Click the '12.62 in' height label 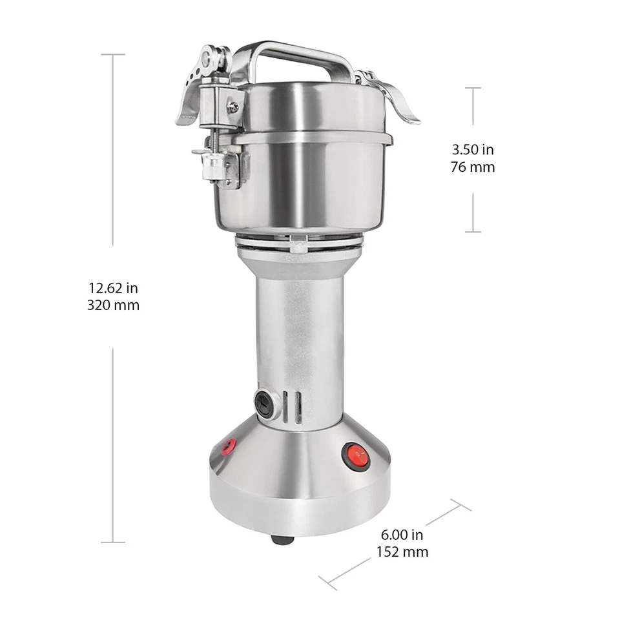(x=113, y=288)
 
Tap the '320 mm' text (x=113, y=305)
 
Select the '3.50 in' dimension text (x=473, y=150)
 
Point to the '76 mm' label (x=473, y=167)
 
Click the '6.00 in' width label (x=402, y=535)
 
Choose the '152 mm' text (x=402, y=552)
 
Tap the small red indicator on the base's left (x=228, y=446)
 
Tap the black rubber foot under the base (x=282, y=539)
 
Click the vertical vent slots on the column (x=293, y=407)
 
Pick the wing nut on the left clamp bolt (x=205, y=155)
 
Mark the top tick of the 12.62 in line (x=113, y=54)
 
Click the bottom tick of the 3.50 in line (x=473, y=231)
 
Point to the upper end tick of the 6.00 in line (x=460, y=504)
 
